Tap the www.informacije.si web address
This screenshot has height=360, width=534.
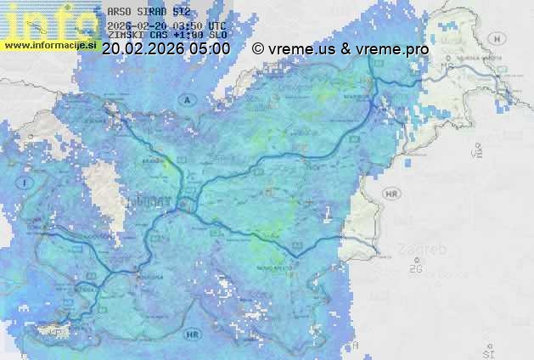click(49, 45)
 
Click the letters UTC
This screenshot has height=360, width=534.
click(217, 25)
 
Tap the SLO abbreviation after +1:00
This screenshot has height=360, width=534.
click(218, 36)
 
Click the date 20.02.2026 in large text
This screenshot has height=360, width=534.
click(142, 48)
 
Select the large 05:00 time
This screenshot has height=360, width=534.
click(209, 48)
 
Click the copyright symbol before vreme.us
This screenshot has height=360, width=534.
click(258, 49)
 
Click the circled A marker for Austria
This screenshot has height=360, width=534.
click(185, 99)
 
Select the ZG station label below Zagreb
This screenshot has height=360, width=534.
click(415, 269)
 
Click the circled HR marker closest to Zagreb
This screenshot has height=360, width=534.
click(391, 194)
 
